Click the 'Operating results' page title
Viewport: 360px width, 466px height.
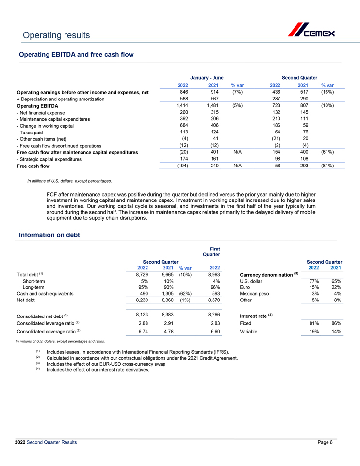click(54, 35)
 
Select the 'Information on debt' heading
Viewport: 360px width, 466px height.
click(49, 235)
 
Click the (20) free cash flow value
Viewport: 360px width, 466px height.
click(182, 152)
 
